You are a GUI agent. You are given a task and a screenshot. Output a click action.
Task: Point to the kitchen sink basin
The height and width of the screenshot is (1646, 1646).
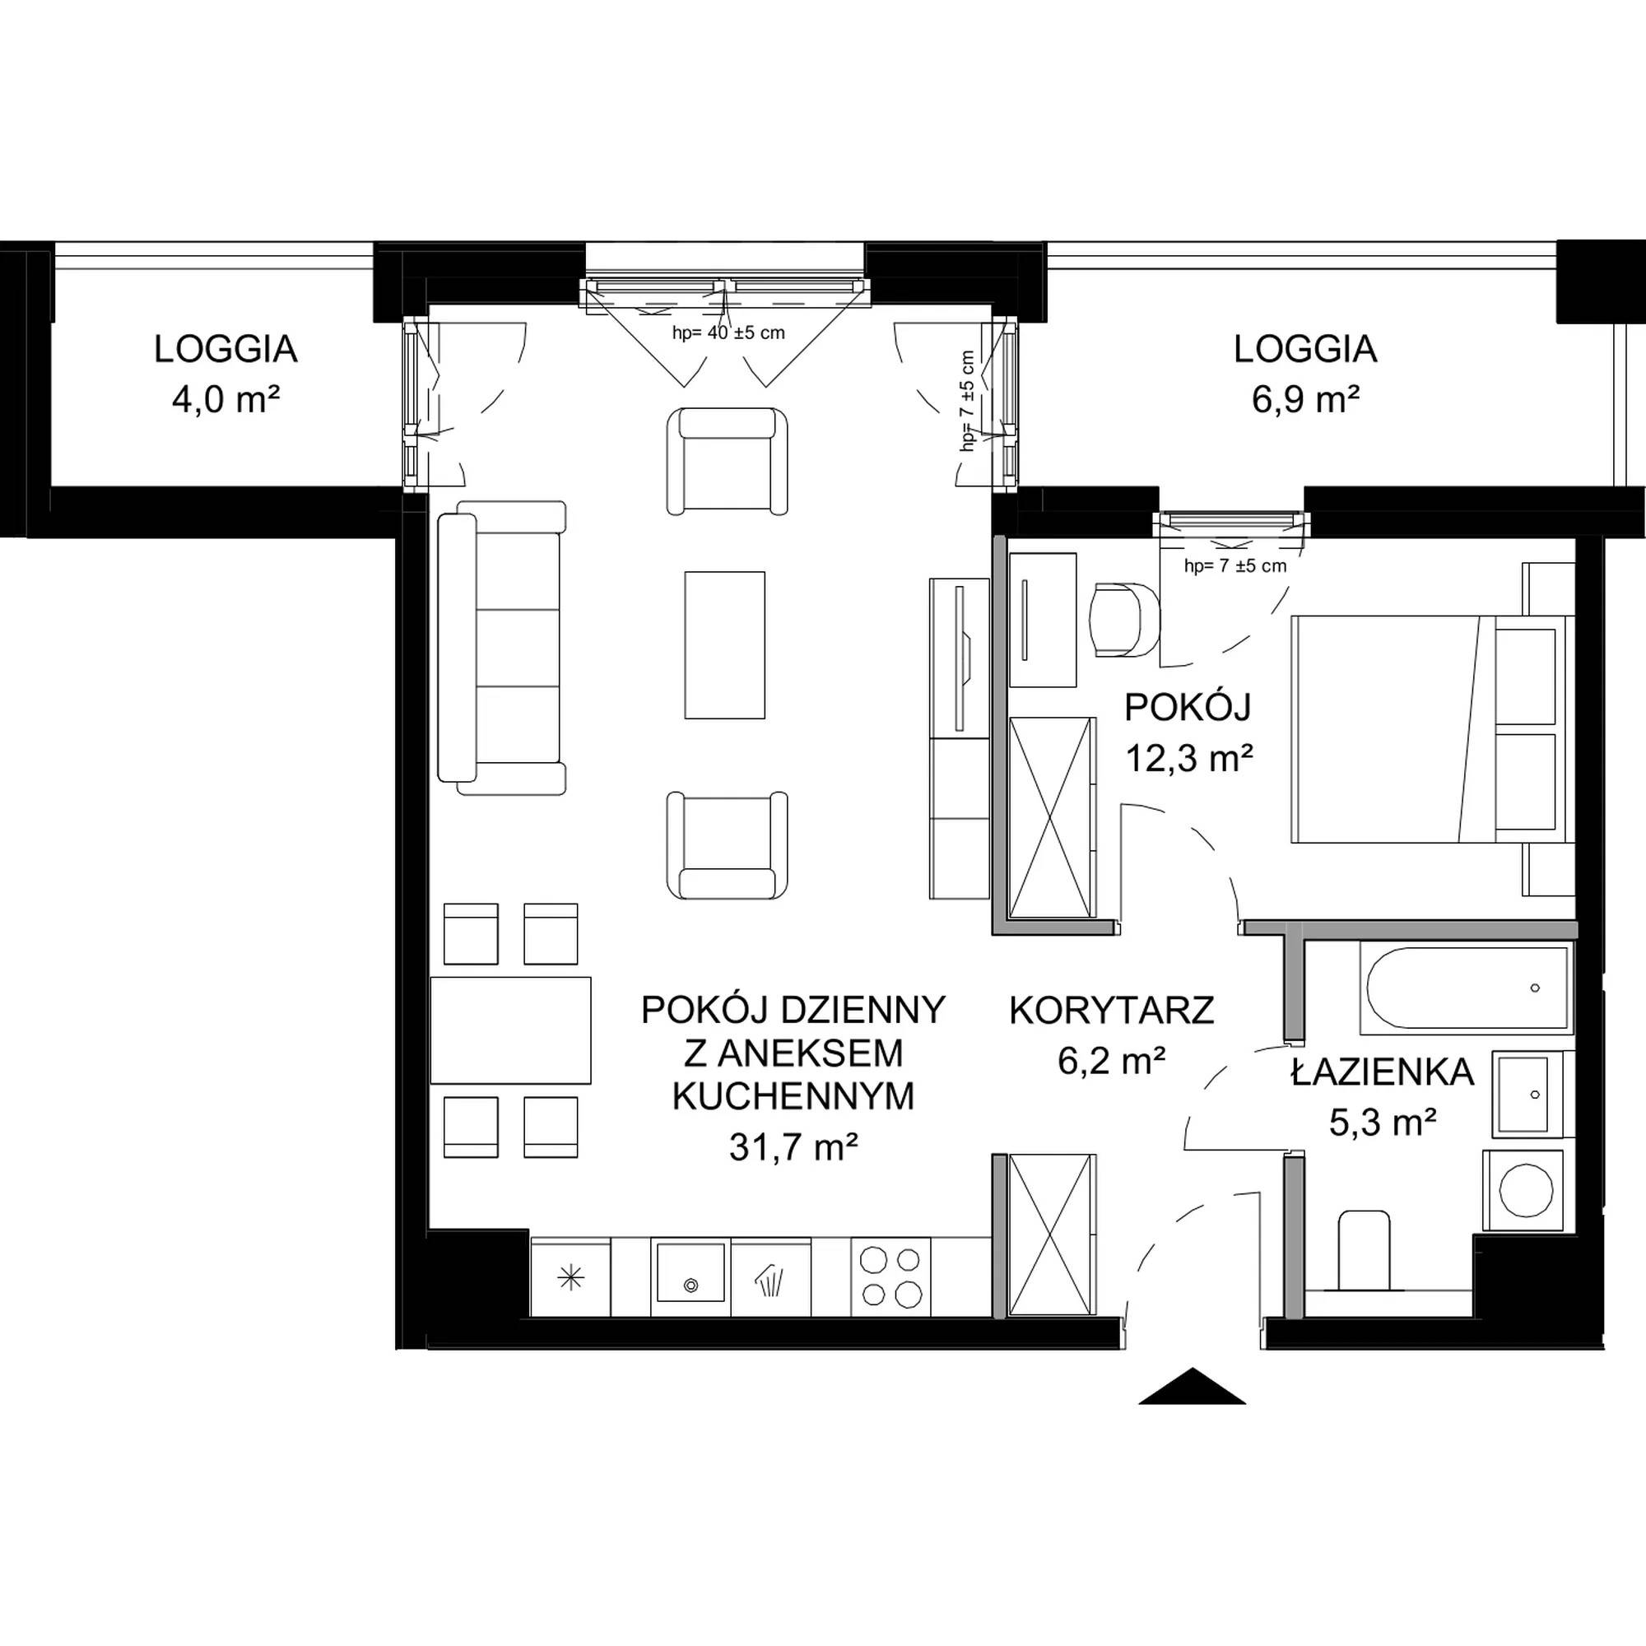point(690,1272)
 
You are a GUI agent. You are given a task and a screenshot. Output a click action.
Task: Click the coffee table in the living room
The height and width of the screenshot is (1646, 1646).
point(724,645)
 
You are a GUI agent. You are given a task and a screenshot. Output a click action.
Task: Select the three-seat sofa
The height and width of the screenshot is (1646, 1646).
point(502,648)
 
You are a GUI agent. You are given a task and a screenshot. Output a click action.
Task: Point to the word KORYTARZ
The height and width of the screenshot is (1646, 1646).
point(1111,1011)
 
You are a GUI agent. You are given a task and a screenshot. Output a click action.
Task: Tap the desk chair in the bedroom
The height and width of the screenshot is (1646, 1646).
point(1124,620)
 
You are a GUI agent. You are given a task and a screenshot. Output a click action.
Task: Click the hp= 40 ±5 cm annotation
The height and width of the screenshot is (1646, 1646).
point(728,333)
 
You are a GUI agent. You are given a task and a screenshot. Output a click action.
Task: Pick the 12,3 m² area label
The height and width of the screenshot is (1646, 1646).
point(1189,756)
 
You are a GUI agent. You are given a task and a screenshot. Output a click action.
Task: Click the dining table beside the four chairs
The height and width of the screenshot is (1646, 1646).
point(510,1030)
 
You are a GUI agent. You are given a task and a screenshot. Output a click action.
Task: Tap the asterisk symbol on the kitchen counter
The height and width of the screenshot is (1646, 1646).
point(571,1277)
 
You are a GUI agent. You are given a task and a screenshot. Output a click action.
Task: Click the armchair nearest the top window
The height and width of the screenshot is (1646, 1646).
point(727,461)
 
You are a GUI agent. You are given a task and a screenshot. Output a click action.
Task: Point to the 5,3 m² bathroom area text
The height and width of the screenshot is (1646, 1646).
point(1383,1122)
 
